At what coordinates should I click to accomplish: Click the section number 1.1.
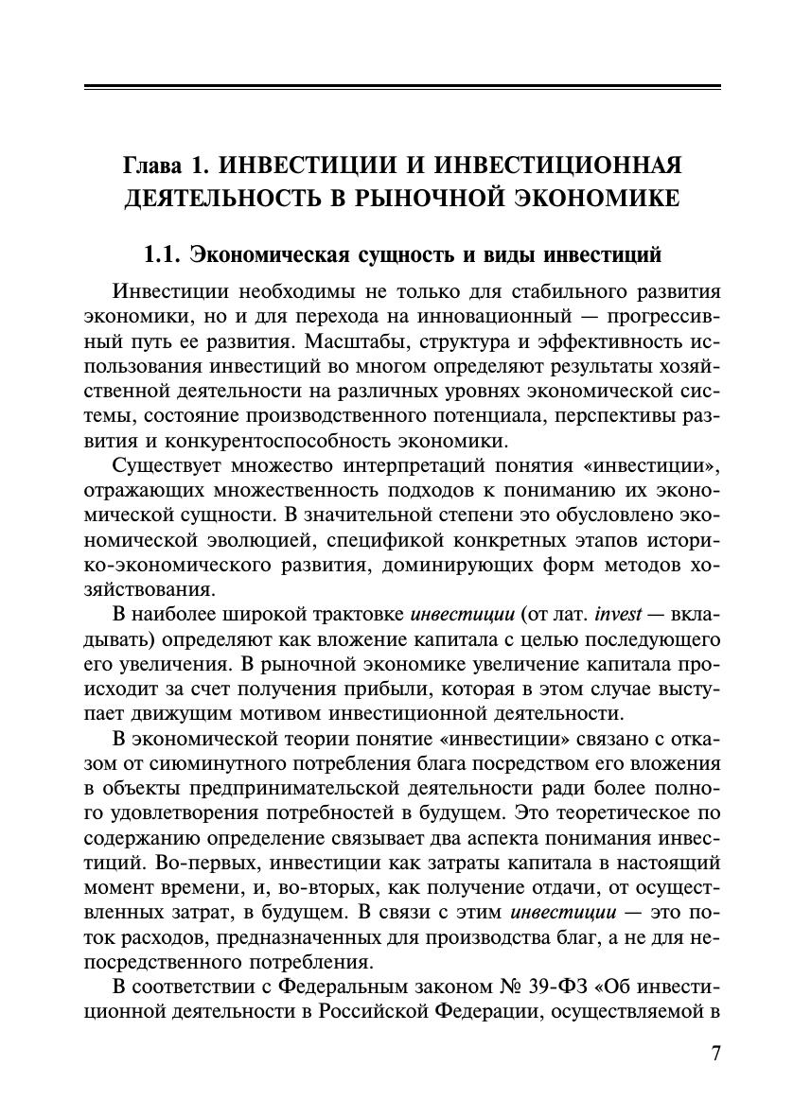[x=161, y=254]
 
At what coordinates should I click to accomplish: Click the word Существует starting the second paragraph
[x=167, y=465]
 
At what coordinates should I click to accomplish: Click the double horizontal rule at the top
[x=402, y=88]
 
